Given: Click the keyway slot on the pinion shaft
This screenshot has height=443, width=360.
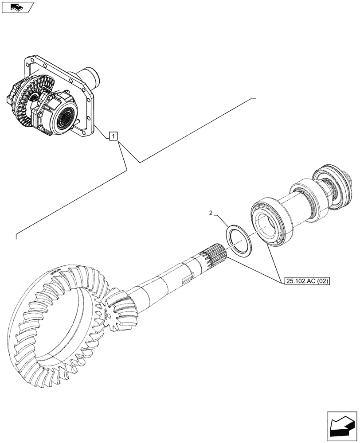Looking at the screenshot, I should coord(187,279).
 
